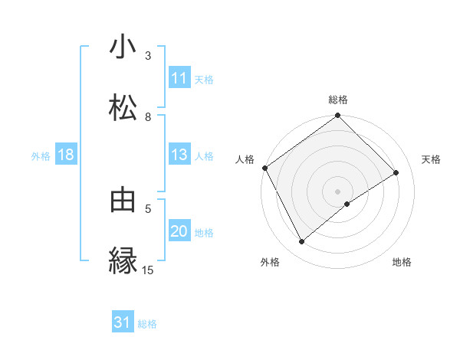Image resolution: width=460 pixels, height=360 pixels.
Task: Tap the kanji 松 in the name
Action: [x=123, y=106]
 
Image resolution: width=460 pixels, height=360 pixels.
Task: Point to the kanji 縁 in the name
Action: [x=123, y=260]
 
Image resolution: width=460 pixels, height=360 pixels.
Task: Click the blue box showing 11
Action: [x=179, y=78]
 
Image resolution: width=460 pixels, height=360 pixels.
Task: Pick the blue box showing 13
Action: [x=179, y=155]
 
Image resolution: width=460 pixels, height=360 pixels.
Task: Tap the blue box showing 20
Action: [x=179, y=231]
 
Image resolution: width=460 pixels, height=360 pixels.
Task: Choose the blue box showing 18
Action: [x=66, y=155]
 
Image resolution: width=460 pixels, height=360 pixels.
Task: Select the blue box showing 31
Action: [x=123, y=323]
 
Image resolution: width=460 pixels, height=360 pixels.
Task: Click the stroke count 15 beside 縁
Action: [x=148, y=270]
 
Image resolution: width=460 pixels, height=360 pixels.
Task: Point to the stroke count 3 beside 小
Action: [x=148, y=56]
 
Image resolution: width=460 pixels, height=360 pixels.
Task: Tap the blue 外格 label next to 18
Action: [x=41, y=156]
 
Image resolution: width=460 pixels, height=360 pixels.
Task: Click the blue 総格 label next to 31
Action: [x=147, y=324]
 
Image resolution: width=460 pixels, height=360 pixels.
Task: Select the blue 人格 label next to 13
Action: [x=204, y=156]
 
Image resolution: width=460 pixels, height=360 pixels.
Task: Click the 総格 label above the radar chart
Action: [x=338, y=100]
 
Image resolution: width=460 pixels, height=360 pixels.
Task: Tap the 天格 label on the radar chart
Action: [x=432, y=159]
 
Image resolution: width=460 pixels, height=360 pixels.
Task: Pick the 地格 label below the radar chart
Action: [x=402, y=263]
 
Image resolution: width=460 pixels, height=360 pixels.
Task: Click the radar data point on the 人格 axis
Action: [x=264, y=168]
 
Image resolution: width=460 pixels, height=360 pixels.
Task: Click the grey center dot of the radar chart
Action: [x=338, y=191]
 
